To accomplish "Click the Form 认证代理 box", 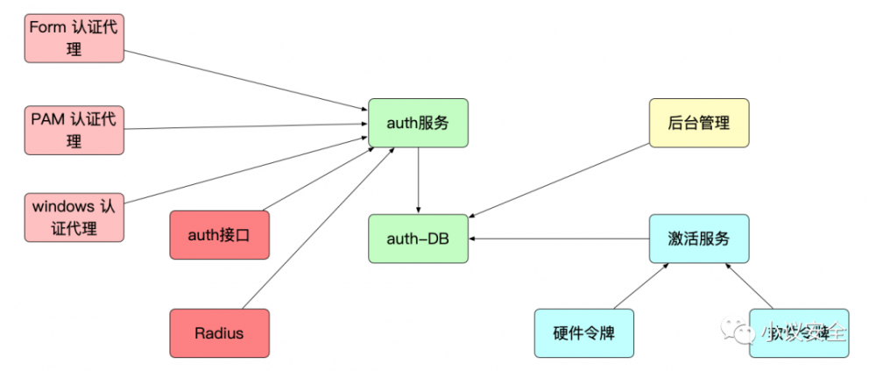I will pos(74,39).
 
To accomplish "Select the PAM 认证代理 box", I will pos(74,130).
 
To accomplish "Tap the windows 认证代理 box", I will pos(74,218).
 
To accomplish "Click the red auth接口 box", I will pos(219,235).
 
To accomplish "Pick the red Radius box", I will pos(219,333).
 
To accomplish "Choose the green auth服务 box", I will pos(418,123).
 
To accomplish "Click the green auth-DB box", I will pos(418,238).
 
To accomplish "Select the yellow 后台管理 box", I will pos(698,123).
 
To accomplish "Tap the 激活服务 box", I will pos(698,238).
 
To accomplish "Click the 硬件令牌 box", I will pos(584,333).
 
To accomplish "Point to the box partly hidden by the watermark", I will pos(798,333).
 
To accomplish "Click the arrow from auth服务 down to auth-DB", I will pos(419,180).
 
